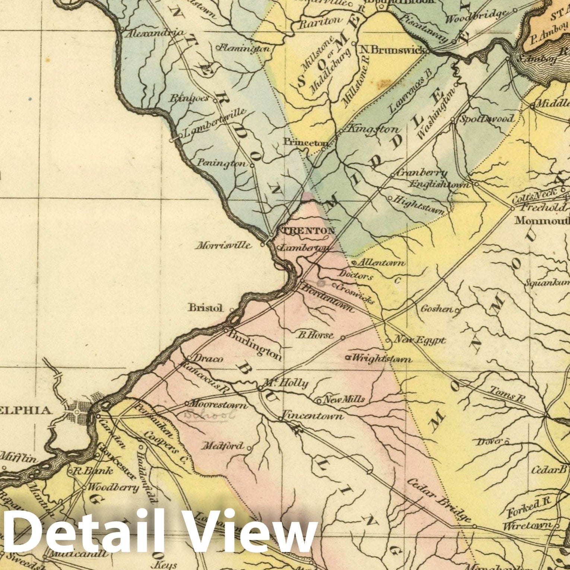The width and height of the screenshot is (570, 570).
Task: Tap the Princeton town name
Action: (305, 142)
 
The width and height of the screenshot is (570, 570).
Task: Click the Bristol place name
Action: (206, 308)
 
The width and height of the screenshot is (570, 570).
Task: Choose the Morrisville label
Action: (223, 246)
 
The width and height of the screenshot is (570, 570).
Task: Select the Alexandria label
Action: (154, 33)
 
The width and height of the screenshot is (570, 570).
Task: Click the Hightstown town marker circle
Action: (390, 198)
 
